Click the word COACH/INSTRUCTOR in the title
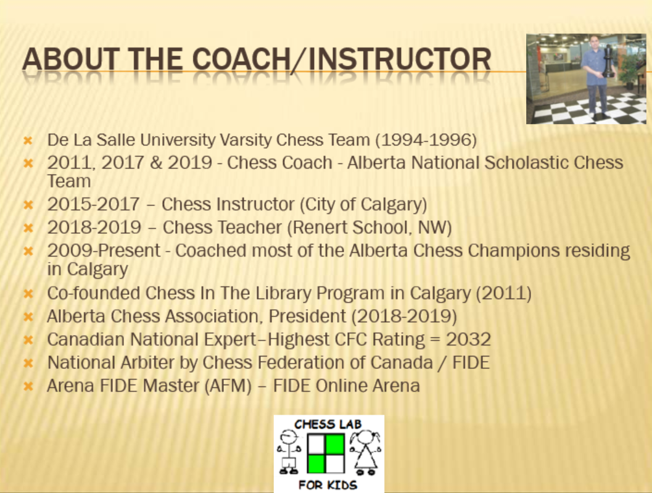[342, 59]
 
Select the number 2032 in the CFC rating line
[469, 339]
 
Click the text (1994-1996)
[426, 140]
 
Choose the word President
[307, 316]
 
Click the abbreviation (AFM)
[228, 386]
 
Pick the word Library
[283, 293]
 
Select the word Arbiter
[147, 362]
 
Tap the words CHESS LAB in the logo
[328, 425]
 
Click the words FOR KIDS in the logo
[328, 485]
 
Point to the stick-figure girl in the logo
[365, 453]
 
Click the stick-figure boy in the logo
[289, 452]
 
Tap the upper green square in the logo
[335, 444]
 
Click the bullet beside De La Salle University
[28, 140]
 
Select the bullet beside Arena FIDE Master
[28, 386]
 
